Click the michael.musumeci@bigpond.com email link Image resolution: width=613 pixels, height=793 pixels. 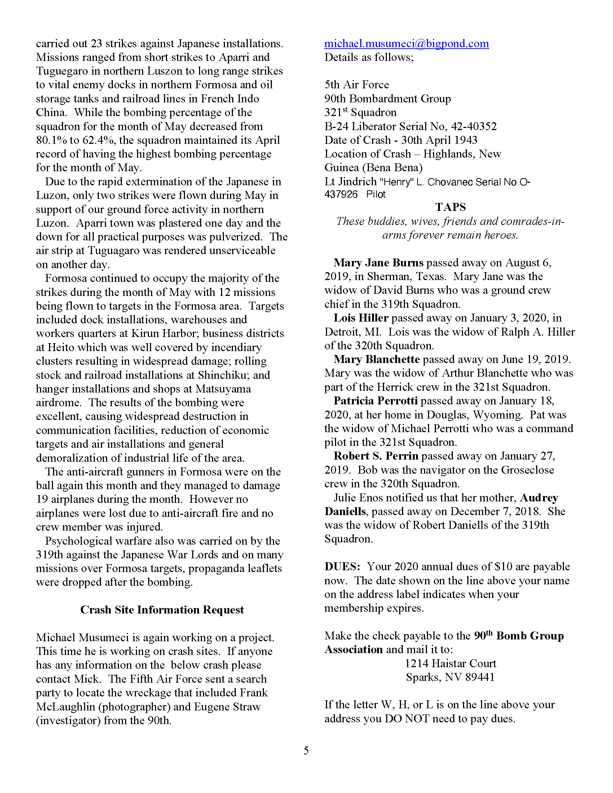(406, 44)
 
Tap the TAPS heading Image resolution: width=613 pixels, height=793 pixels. (450, 207)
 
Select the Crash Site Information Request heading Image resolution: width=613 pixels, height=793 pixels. (162, 610)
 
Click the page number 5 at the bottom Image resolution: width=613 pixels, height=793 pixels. (306, 750)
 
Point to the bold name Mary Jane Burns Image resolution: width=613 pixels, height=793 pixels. (378, 262)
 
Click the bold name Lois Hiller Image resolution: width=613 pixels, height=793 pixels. (361, 318)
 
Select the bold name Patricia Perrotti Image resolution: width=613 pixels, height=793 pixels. (375, 401)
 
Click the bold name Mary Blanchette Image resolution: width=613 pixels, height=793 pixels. (376, 359)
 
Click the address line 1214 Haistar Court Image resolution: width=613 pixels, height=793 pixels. (450, 664)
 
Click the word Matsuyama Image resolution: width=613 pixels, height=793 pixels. (223, 389)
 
